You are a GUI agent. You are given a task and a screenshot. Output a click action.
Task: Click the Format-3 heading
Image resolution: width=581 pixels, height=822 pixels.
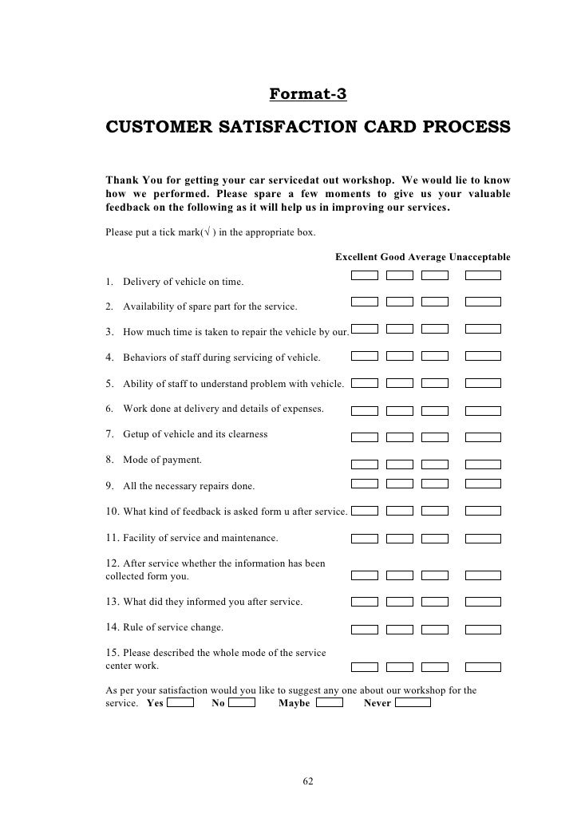pos(308,95)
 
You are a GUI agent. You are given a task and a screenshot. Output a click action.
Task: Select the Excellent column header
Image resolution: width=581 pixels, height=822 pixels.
pos(356,257)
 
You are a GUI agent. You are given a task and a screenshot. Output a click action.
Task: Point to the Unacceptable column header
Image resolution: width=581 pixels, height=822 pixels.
pos(480,257)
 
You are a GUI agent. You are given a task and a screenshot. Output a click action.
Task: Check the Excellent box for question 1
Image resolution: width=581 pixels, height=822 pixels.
pos(365,275)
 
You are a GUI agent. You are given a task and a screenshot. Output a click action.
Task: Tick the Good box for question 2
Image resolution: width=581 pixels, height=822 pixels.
pos(400,302)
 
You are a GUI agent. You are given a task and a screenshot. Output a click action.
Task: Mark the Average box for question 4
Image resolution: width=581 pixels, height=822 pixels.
pos(435,356)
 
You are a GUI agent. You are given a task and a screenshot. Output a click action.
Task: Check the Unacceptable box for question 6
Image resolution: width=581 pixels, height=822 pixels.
pos(483,411)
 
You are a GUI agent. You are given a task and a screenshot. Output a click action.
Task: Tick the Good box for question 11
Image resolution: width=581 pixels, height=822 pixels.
pos(400,536)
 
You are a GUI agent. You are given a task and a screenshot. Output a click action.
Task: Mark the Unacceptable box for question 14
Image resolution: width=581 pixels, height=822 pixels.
pos(483,627)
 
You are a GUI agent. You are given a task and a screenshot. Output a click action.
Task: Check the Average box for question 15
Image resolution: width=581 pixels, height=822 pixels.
pos(435,666)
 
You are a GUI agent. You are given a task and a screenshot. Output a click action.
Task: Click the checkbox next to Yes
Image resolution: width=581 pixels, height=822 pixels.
pos(181,702)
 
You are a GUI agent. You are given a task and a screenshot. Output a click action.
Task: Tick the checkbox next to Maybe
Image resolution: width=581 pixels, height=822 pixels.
pos(330,702)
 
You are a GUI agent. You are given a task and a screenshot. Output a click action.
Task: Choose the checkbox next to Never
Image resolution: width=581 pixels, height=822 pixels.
pos(413,702)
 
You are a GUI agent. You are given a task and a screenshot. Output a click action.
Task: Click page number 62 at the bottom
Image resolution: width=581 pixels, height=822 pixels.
pos(308,781)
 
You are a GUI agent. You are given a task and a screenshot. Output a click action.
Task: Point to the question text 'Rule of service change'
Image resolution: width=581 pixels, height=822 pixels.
pos(173,627)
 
